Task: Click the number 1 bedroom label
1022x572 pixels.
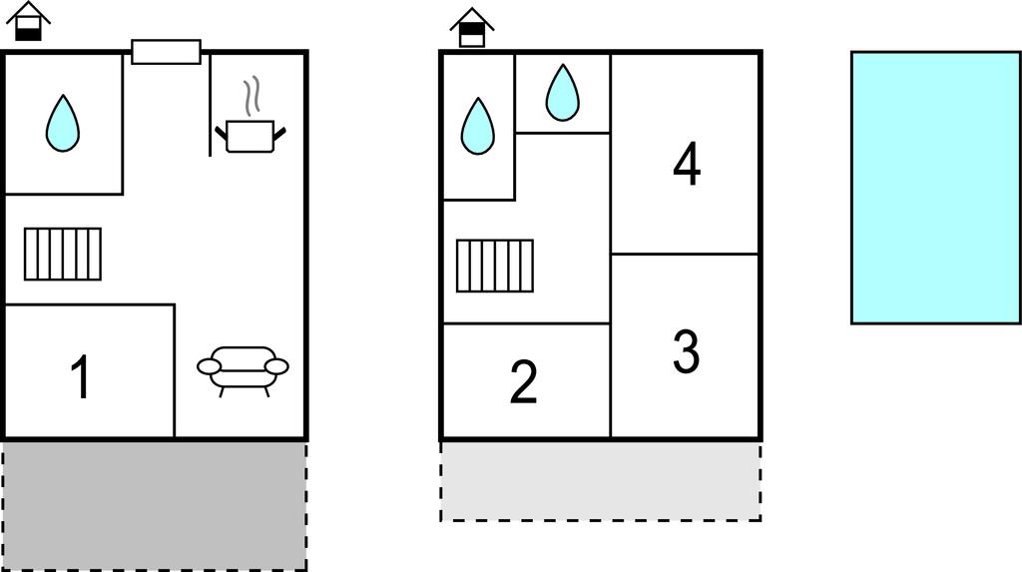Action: (81, 376)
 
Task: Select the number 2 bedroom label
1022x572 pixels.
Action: (523, 382)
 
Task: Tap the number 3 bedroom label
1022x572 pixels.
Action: (687, 352)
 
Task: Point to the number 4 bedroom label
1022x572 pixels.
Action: (687, 165)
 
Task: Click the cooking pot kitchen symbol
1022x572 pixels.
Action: (251, 136)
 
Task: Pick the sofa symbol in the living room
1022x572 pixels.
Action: (244, 370)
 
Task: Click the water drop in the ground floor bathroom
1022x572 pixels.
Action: (63, 124)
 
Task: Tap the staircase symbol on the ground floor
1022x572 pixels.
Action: (63, 254)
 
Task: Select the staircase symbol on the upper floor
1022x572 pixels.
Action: (495, 266)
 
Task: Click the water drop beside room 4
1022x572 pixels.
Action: (563, 93)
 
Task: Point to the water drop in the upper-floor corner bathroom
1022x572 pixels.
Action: (478, 127)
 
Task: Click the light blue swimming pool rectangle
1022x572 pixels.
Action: (936, 188)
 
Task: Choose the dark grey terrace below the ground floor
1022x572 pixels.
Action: (155, 506)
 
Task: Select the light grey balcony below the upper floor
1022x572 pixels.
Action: (600, 481)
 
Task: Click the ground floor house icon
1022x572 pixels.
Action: (28, 22)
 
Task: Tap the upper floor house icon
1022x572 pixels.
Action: (472, 27)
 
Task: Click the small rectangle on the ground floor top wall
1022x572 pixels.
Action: (167, 52)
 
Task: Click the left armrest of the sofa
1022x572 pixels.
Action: (210, 366)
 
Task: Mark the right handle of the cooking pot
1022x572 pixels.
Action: (279, 135)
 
